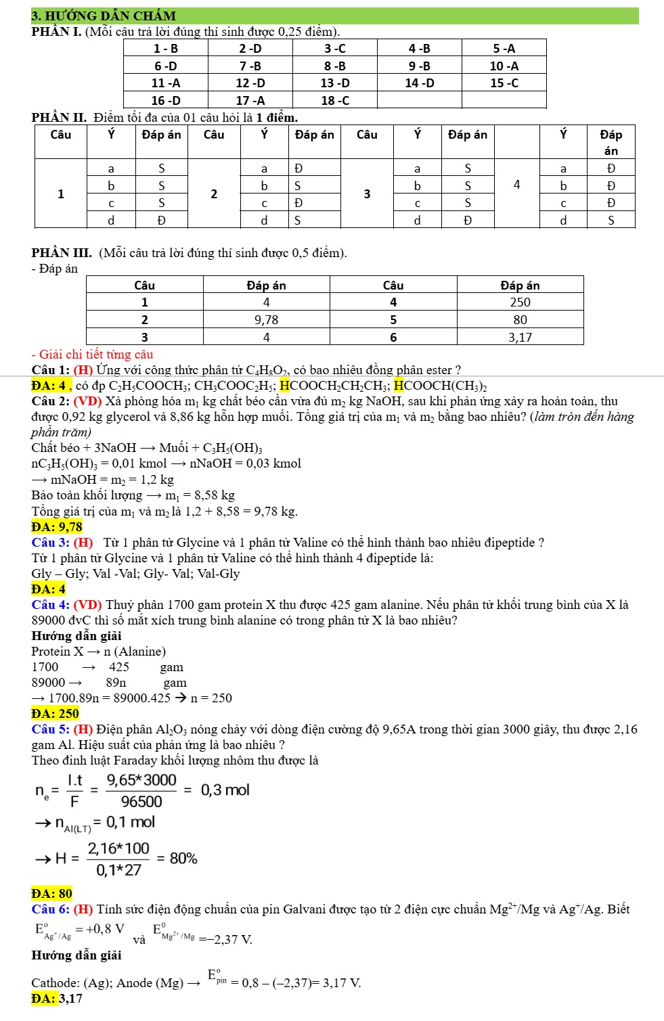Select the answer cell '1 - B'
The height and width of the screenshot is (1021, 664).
[x=166, y=48]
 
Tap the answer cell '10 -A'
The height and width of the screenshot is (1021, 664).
[x=504, y=66]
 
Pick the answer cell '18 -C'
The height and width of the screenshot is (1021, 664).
[x=335, y=100]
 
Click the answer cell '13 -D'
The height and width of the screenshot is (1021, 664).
[x=335, y=83]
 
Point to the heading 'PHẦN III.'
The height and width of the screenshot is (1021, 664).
[x=62, y=253]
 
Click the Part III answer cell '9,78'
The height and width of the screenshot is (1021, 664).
[x=266, y=319]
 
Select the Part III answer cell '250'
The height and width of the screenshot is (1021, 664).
[x=520, y=302]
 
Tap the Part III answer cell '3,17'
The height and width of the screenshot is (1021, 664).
[x=520, y=337]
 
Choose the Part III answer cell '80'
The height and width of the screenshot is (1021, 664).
[x=520, y=319]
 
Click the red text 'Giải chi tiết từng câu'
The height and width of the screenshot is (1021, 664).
[x=95, y=354]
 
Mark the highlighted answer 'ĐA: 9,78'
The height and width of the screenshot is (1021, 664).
[x=57, y=526]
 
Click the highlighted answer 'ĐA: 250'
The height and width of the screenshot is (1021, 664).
[x=56, y=713]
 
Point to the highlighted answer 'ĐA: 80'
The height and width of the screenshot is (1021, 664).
[x=52, y=893]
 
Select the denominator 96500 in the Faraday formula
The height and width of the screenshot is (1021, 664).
[x=141, y=802]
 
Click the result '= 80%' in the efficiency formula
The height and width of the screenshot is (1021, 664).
[x=177, y=858]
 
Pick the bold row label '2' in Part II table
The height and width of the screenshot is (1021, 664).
[x=214, y=194]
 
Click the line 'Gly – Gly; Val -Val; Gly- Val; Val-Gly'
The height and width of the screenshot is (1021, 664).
[x=135, y=574]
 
